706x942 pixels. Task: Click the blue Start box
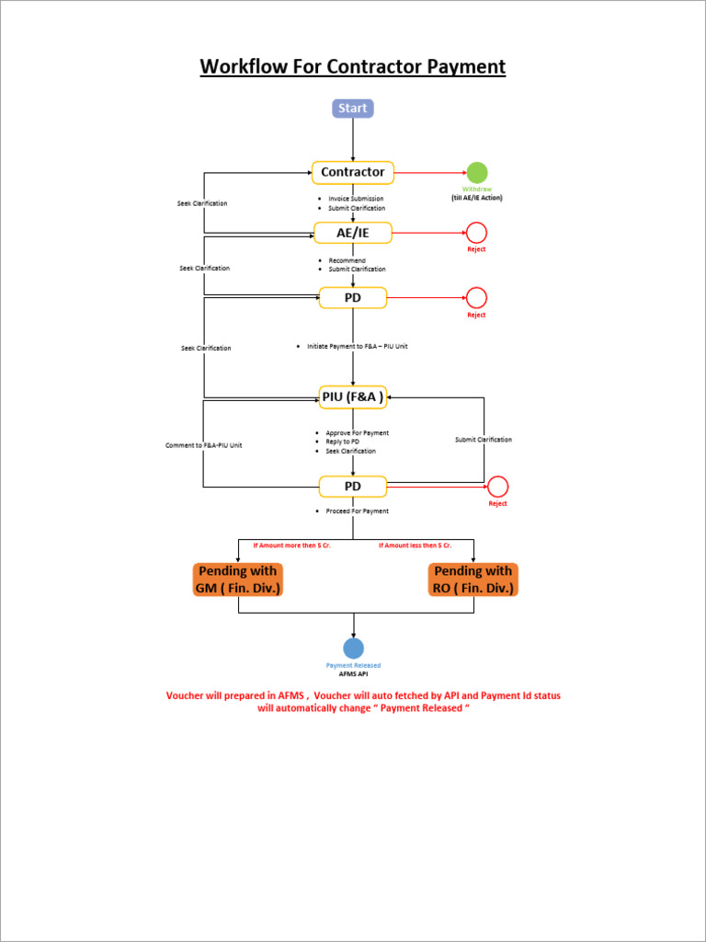[x=352, y=109]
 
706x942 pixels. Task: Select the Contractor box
[x=352, y=172]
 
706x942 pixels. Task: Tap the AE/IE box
[x=352, y=234]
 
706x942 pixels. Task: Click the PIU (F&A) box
[x=352, y=397]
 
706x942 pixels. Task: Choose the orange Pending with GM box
[x=238, y=580]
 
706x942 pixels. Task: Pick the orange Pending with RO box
[x=473, y=580]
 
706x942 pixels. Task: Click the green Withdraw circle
[x=476, y=172]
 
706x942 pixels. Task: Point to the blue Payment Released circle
[x=353, y=649]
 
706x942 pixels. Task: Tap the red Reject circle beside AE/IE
[x=476, y=233]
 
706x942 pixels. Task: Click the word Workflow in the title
[x=244, y=67]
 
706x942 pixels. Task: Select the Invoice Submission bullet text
[x=356, y=199]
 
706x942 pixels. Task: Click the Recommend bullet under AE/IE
[x=347, y=260]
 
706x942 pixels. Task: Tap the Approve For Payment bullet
[x=357, y=432]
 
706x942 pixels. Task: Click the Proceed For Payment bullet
[x=357, y=511]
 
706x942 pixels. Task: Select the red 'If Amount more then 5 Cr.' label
[x=291, y=546]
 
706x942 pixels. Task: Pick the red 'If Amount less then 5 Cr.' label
[x=415, y=546]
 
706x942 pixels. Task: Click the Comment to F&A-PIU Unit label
[x=203, y=445]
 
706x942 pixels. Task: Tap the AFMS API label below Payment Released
[x=353, y=673]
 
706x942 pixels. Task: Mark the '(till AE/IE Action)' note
[x=476, y=198]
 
